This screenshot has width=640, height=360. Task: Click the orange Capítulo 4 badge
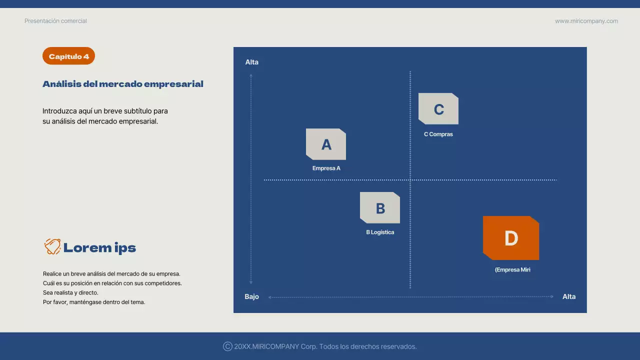68,56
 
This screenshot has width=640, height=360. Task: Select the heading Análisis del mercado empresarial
122,84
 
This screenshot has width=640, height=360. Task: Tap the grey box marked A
326,144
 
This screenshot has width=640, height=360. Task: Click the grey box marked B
380,208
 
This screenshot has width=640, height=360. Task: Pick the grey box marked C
438,109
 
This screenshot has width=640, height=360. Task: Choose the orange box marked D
511,238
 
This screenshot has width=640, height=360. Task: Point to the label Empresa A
326,168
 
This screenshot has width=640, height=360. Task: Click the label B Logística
380,232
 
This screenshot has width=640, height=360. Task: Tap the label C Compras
438,134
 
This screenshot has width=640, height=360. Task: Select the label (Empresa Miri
512,269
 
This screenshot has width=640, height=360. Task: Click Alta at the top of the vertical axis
251,62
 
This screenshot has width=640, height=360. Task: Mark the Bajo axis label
251,296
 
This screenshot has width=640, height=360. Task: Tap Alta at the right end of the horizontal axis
569,296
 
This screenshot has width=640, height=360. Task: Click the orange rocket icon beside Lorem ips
52,247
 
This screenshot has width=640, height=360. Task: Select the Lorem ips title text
99,247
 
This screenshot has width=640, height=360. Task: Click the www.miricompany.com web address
586,21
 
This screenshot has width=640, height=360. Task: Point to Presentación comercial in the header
55,21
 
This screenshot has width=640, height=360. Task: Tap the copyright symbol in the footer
227,346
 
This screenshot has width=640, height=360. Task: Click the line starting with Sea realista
70,292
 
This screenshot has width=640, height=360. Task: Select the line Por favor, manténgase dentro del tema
94,302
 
